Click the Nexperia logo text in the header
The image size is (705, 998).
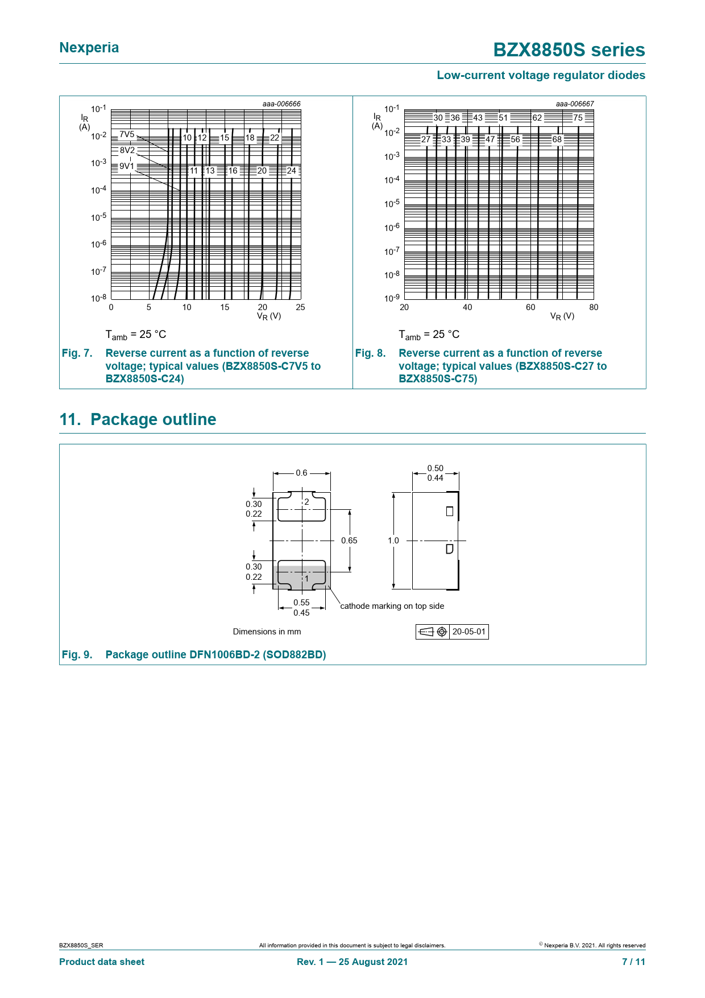point(89,48)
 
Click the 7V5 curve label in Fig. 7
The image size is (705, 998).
point(127,135)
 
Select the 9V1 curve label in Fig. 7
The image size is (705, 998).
point(127,166)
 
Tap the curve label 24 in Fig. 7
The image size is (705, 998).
point(291,171)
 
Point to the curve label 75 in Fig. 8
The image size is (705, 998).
point(578,118)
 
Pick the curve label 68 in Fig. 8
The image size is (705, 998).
point(557,139)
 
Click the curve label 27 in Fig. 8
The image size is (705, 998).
point(426,139)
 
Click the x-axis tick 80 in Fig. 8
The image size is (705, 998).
point(594,307)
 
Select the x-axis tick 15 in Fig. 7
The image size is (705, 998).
point(225,307)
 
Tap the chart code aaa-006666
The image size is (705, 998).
point(281,104)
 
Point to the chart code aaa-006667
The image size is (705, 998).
point(575,104)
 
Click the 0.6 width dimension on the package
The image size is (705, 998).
point(301,473)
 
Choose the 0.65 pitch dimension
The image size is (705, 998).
point(349,541)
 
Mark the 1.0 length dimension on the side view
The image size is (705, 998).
point(393,541)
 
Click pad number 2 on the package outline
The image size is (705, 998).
point(306,502)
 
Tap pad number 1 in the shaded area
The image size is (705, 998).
point(306,579)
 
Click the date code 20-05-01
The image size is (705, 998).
point(469,632)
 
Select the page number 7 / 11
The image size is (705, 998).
point(633,962)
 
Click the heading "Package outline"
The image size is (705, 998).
point(153,419)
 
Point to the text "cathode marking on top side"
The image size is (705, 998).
point(392,606)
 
